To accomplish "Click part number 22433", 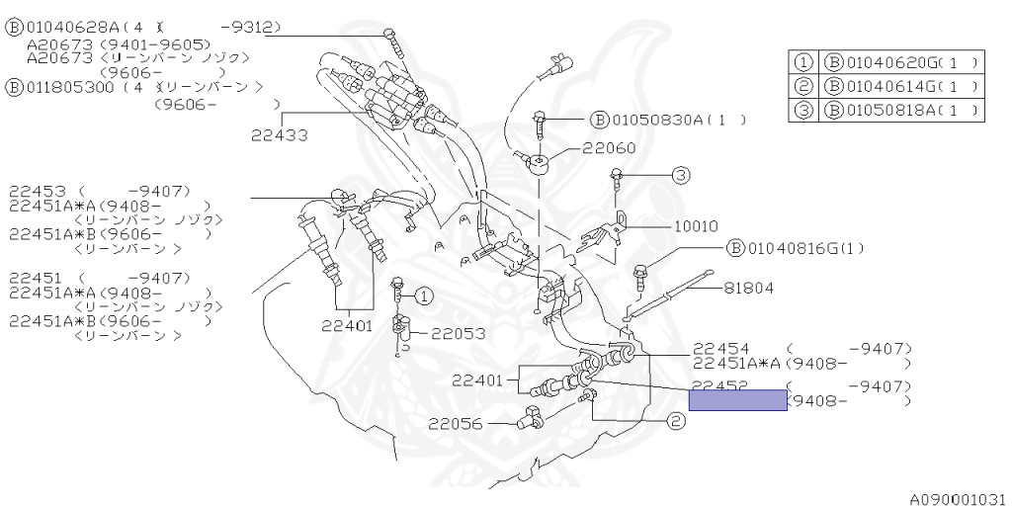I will click(279, 133).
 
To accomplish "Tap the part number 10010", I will click(696, 225).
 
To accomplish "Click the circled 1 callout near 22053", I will click(423, 295).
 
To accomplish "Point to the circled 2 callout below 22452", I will click(675, 421).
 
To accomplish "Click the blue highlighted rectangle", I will click(738, 400).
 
